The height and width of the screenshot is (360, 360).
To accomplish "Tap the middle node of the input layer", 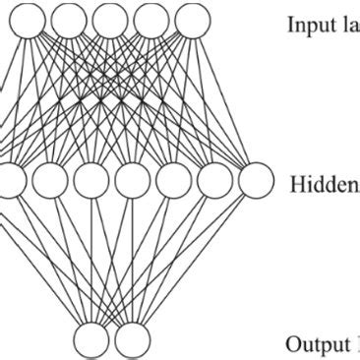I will (x=108, y=17).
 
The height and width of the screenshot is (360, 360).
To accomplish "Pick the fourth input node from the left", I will (x=148, y=17).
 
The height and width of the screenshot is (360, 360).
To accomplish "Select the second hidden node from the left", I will (x=50, y=181).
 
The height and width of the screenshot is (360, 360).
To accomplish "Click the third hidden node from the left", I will (x=90, y=181).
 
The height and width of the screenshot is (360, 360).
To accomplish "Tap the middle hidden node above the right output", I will (x=132, y=181).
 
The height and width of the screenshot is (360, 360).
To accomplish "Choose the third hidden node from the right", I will (x=172, y=181).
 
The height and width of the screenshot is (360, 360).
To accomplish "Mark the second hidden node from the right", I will (x=213, y=181).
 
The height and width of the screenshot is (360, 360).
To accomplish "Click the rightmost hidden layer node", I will (x=255, y=181).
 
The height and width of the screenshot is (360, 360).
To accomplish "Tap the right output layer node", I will (x=132, y=340).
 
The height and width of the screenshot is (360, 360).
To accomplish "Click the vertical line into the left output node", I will (x=91, y=261).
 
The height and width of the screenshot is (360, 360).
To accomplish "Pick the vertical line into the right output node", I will (x=132, y=261).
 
